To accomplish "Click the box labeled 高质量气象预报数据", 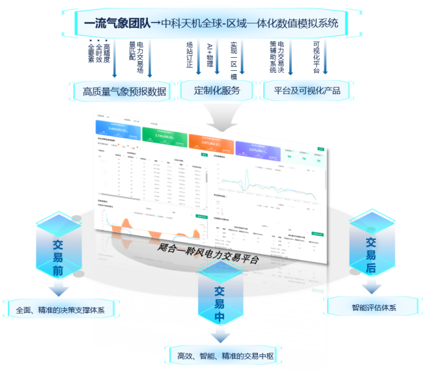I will click(x=121, y=91).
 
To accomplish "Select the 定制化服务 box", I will click(x=217, y=90).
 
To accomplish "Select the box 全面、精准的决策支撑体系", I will click(x=61, y=309).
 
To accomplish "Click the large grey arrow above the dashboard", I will click(x=222, y=116).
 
